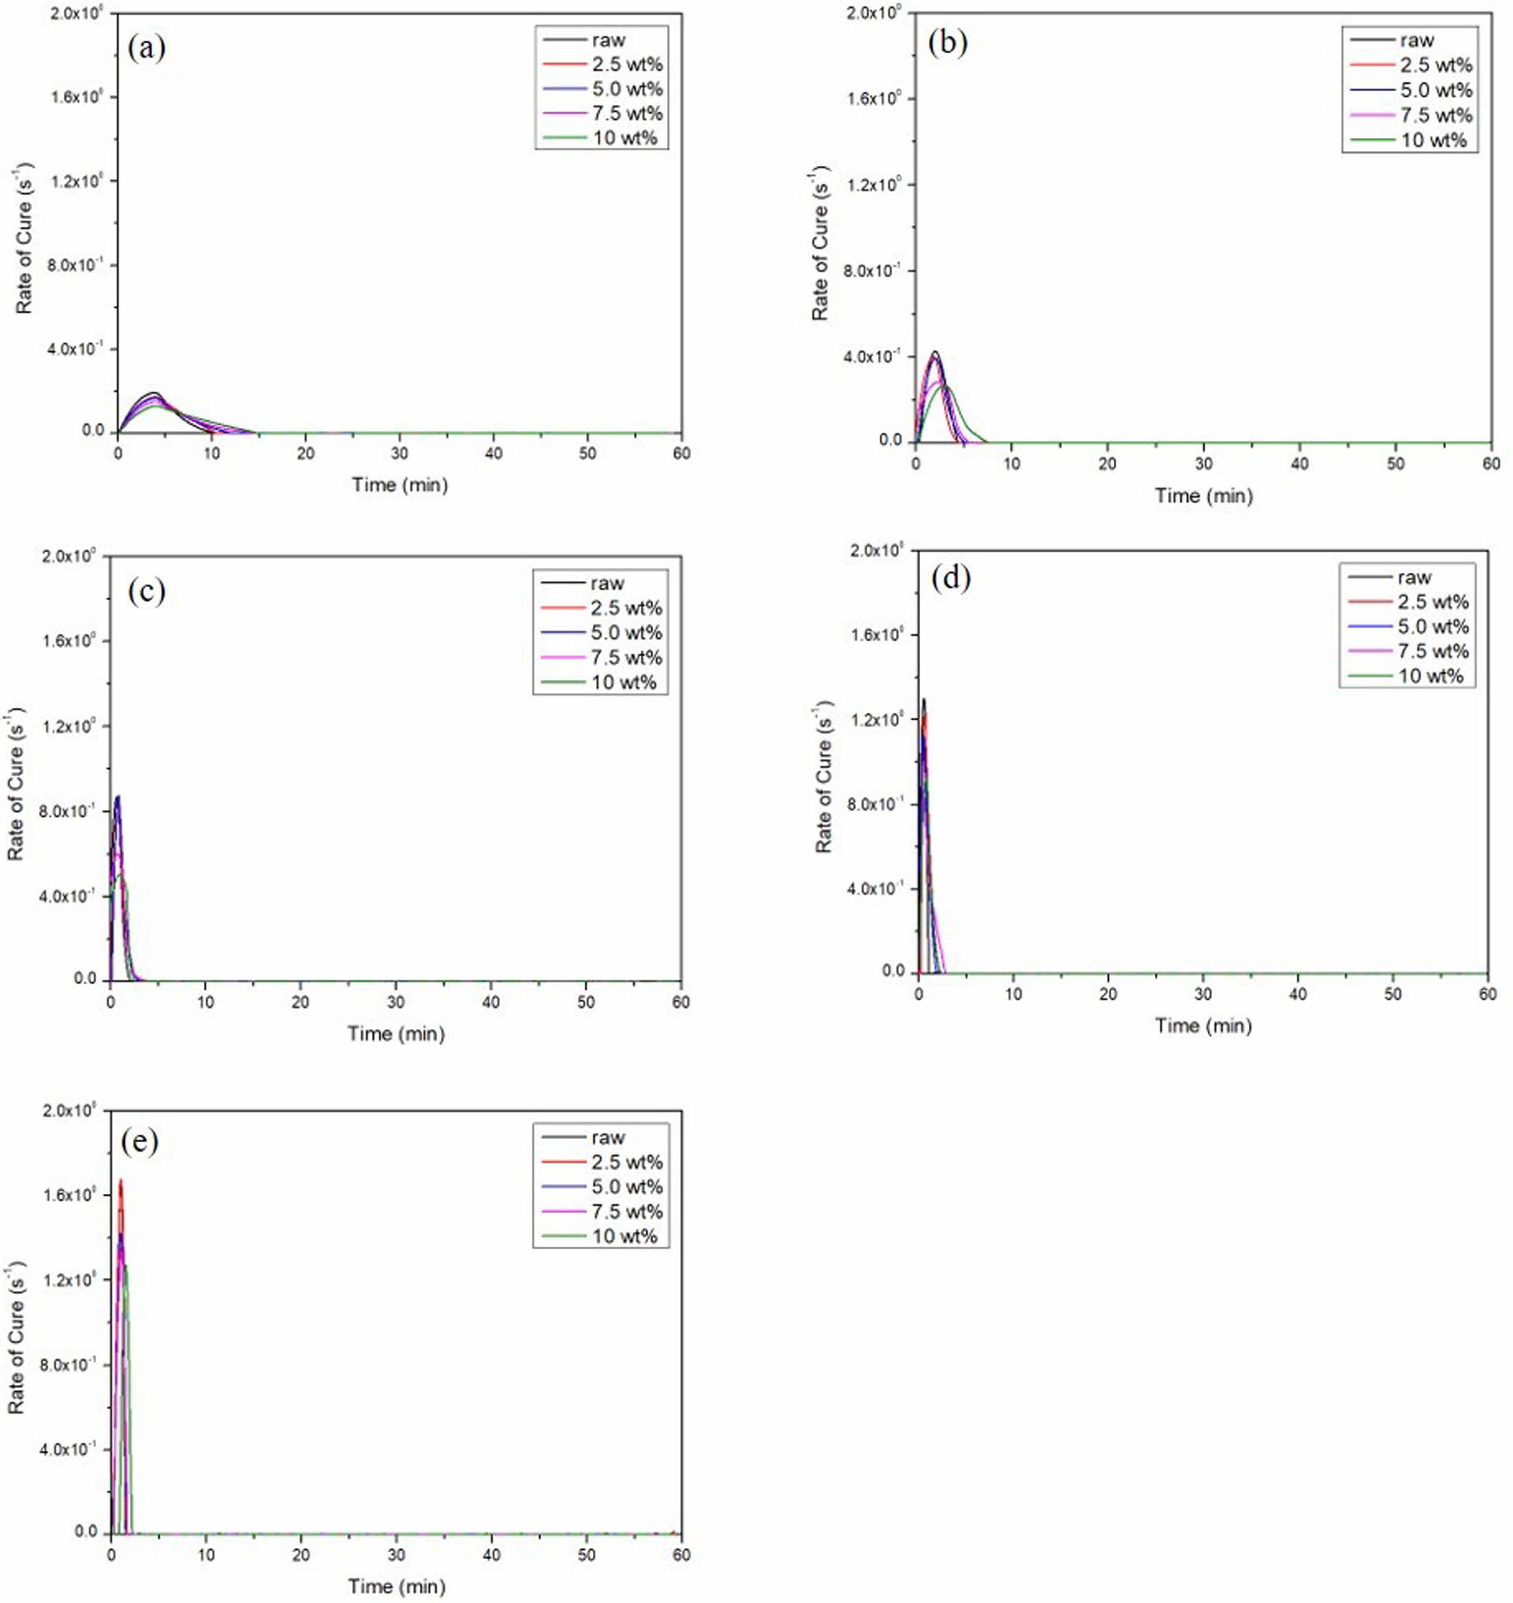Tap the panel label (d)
(x=950, y=579)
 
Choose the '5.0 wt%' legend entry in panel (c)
(x=626, y=633)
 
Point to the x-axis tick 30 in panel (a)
(x=399, y=454)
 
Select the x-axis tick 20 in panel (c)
(x=301, y=1002)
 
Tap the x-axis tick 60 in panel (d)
(x=1487, y=993)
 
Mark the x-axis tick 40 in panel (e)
(x=491, y=1554)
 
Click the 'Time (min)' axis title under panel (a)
(x=399, y=486)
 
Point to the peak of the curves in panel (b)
(x=935, y=353)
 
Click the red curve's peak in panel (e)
(x=120, y=1180)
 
